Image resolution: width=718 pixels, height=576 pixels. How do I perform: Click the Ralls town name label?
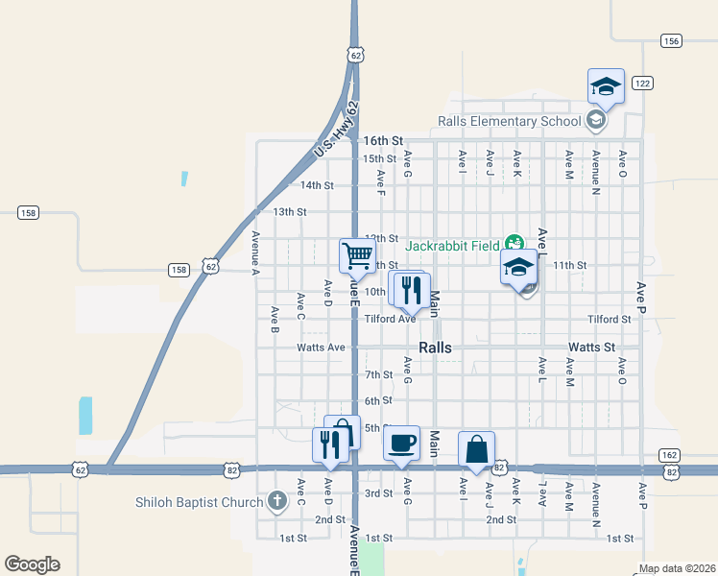tap(435, 348)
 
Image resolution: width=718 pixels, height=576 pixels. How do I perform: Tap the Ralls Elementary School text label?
tap(509, 121)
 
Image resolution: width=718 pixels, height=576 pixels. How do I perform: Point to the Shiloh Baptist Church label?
tap(199, 502)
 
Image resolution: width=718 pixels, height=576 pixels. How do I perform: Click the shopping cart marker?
tap(357, 255)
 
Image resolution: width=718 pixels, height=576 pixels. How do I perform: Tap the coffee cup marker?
tap(401, 444)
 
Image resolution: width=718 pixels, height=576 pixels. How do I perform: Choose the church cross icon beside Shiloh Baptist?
tap(277, 501)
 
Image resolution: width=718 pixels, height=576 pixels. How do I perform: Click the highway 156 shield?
tap(671, 40)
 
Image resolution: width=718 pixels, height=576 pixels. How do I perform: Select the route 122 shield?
tap(642, 84)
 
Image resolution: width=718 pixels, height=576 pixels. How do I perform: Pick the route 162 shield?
tap(669, 454)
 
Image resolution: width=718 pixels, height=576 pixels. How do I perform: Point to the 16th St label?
tap(382, 140)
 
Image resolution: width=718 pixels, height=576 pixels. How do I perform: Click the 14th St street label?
tap(317, 185)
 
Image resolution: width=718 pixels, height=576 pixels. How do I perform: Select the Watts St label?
tap(590, 347)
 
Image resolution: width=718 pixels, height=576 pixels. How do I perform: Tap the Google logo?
tap(32, 564)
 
